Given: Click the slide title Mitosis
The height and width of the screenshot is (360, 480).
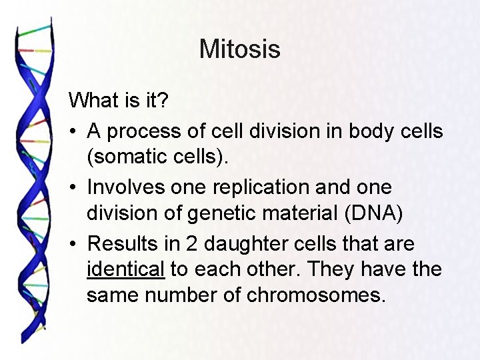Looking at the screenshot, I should (x=239, y=49).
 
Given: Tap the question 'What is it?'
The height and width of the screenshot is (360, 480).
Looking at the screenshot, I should (x=119, y=101).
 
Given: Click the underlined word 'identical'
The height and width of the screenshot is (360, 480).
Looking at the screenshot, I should (x=125, y=270).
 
